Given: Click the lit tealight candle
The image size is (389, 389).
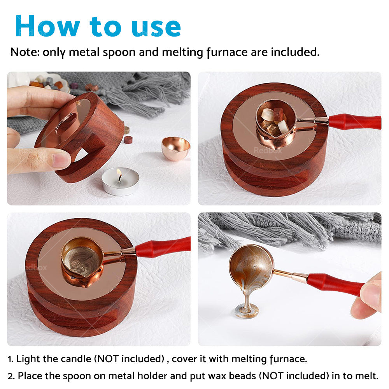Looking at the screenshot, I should click(x=120, y=182).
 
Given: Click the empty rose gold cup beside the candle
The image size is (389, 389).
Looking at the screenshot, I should click(x=176, y=148).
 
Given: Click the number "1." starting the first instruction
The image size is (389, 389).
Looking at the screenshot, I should click(x=11, y=359).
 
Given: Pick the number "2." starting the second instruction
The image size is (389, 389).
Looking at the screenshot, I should click(x=11, y=376).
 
